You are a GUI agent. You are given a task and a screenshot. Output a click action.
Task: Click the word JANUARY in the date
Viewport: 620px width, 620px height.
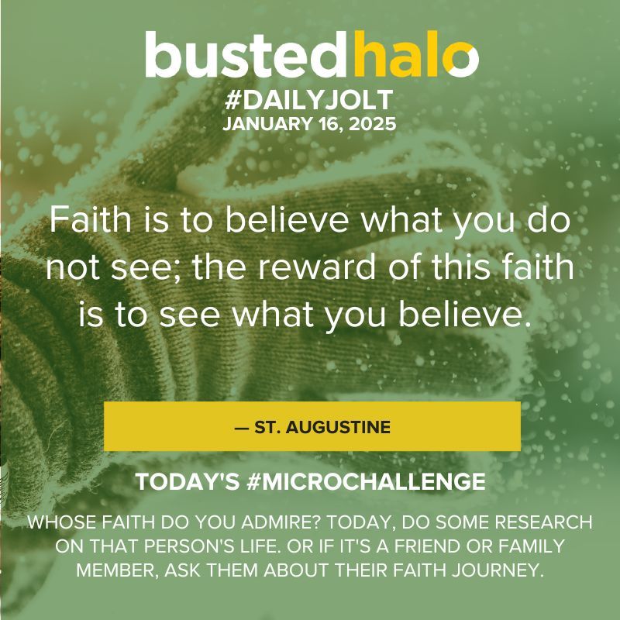(257, 125)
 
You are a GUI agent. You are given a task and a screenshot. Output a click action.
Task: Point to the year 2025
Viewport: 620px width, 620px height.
(372, 125)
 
